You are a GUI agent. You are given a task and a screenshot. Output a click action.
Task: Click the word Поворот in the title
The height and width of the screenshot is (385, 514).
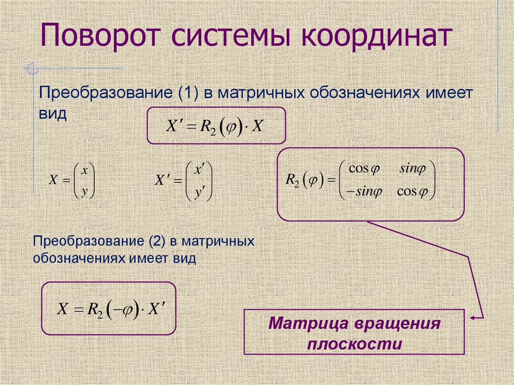(97, 39)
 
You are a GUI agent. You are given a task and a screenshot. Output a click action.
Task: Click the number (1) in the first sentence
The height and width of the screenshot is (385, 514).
(187, 94)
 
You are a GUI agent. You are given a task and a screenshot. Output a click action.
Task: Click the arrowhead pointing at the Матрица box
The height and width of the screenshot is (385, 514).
(474, 318)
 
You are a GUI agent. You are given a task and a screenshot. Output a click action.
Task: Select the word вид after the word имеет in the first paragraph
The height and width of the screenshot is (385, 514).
(53, 113)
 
